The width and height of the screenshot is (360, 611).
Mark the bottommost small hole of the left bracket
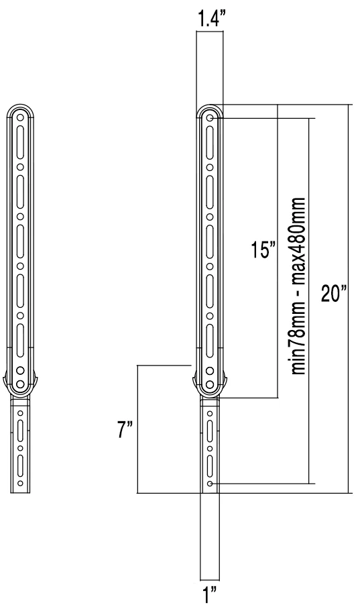coord(20,482)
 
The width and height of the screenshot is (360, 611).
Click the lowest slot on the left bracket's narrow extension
coord(20,463)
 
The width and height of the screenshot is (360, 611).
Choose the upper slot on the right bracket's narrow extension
coord(210,430)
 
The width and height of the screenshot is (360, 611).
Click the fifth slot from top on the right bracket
coord(210,335)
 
